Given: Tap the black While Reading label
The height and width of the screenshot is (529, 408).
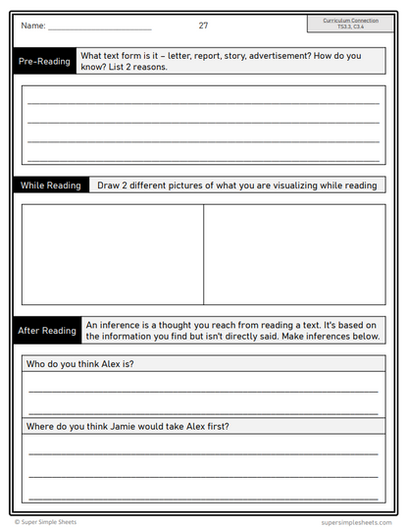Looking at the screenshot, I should click(x=51, y=185).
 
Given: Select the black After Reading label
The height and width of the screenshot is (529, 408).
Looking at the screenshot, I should click(x=47, y=331).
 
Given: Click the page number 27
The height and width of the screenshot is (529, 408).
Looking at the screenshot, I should click(x=203, y=26).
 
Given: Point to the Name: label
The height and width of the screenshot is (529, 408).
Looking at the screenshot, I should click(x=32, y=26).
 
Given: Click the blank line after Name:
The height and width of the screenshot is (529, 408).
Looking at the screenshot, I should click(x=99, y=28).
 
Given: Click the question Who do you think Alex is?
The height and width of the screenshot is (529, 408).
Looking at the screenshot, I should click(x=80, y=364).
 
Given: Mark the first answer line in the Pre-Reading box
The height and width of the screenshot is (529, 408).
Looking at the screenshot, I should click(x=203, y=103).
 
